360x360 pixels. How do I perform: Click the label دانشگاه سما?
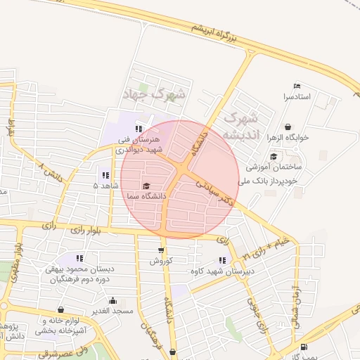[146, 197]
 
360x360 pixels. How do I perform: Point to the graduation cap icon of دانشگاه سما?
[146, 186]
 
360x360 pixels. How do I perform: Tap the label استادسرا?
[297, 96]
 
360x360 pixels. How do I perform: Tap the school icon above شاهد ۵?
[105, 175]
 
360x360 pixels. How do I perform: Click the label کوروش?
[161, 261]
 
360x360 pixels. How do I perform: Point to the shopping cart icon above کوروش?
[161, 250]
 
